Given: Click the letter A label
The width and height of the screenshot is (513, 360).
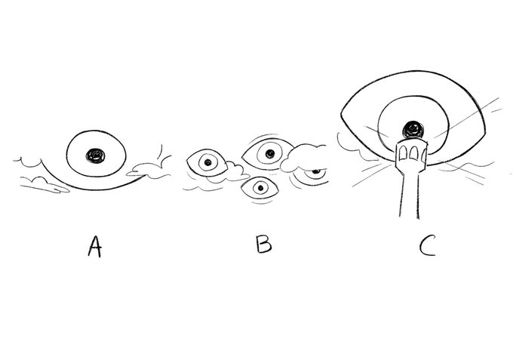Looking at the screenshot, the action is coord(94,247).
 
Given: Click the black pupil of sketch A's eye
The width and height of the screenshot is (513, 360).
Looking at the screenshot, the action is coord(96,155).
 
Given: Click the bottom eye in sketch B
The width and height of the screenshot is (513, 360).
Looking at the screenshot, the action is coord(260,189).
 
